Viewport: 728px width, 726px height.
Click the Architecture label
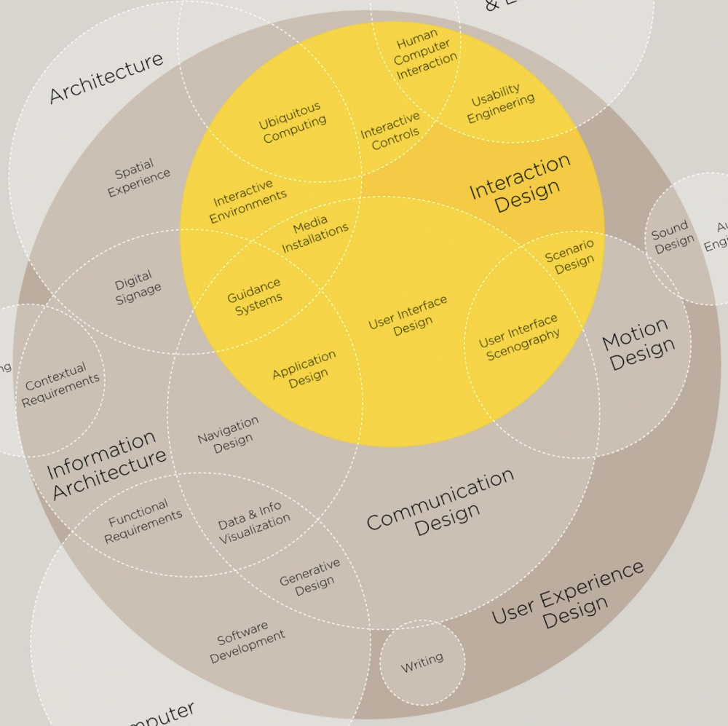point(106,78)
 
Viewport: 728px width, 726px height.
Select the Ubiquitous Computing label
point(292,123)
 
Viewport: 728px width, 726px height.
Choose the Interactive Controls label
point(392,130)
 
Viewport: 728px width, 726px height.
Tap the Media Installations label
point(314,233)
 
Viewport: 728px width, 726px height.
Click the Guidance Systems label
point(255,293)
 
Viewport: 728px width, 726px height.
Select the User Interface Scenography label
point(520,337)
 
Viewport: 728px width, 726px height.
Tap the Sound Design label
point(672,237)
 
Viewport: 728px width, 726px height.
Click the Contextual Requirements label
point(60,384)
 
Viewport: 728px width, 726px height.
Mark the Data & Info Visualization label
point(253,523)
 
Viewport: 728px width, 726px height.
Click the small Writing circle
point(422,662)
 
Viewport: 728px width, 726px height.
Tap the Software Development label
point(246,642)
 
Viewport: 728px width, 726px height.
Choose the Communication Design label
point(440,505)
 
